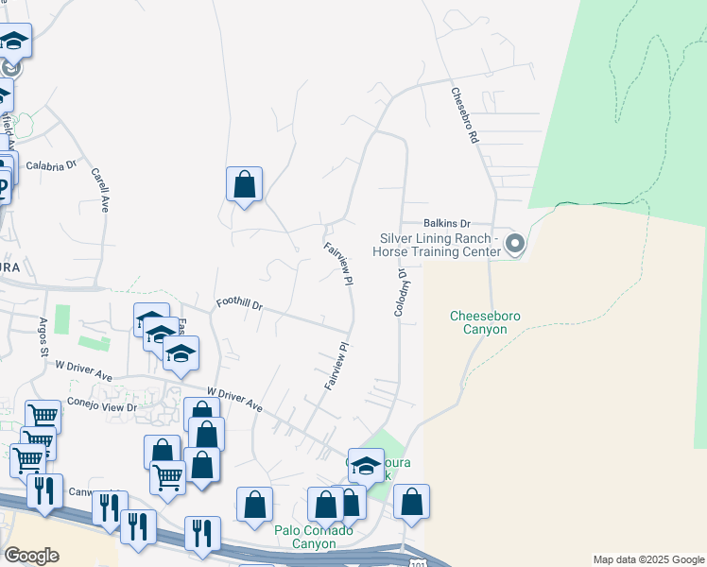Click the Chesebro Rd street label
(x=466, y=115)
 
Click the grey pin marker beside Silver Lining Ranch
(x=515, y=245)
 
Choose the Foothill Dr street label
(x=238, y=304)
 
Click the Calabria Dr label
(x=51, y=164)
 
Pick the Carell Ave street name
(x=99, y=189)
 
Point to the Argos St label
(x=43, y=337)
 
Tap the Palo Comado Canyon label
(x=314, y=537)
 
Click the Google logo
(x=31, y=556)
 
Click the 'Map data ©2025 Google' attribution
(x=648, y=559)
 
